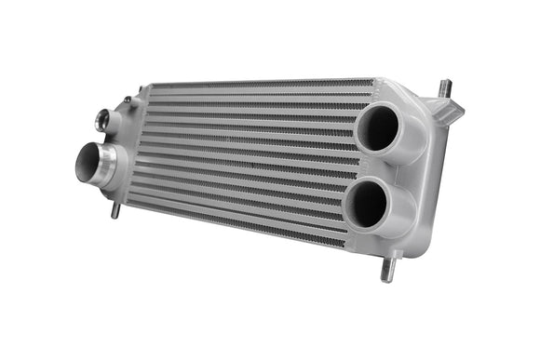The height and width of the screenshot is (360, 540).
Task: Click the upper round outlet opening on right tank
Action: coord(377,128)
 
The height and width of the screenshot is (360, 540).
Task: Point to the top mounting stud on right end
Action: coord(446,88)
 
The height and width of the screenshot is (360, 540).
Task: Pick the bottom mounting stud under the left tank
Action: coord(115,211)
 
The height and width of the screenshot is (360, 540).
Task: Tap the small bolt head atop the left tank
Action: coord(127,100)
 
